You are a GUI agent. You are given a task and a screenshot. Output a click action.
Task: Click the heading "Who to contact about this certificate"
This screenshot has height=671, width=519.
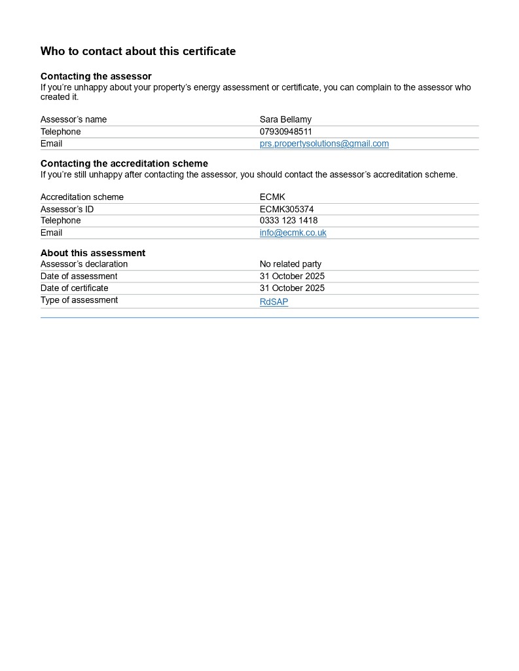click(x=138, y=51)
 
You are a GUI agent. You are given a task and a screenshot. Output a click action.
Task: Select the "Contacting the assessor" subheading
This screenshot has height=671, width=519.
click(x=96, y=77)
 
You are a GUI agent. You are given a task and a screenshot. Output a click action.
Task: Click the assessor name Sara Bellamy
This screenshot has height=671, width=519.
click(x=285, y=119)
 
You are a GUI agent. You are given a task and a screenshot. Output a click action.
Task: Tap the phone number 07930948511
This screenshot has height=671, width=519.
click(x=286, y=132)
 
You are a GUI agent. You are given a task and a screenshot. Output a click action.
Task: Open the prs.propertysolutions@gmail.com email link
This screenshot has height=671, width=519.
click(x=324, y=144)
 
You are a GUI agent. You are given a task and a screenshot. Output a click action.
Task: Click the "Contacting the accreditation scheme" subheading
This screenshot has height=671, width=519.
click(x=124, y=163)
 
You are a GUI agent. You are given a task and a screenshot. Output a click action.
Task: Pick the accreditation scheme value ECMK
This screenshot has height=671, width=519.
click(x=272, y=197)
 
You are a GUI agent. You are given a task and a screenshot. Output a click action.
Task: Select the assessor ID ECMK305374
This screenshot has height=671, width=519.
click(x=287, y=209)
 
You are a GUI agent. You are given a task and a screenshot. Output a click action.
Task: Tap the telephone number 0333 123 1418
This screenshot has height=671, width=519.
click(x=289, y=221)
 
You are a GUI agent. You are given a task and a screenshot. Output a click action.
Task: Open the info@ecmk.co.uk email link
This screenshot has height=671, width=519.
click(x=293, y=233)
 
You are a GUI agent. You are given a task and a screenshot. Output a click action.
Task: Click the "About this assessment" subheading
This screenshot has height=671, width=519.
click(x=93, y=253)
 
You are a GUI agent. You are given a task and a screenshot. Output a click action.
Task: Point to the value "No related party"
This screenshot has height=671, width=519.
click(x=291, y=264)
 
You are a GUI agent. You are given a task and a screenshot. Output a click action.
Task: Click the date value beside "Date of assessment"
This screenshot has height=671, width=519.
click(x=292, y=277)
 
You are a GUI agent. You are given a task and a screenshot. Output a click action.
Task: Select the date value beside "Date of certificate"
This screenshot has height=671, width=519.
click(x=292, y=288)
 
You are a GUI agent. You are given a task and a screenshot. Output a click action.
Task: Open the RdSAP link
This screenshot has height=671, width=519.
click(x=274, y=302)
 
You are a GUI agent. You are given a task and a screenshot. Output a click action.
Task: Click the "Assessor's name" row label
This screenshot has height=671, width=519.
click(x=73, y=119)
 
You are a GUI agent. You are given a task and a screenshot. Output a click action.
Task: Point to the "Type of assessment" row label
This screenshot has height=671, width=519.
click(x=79, y=300)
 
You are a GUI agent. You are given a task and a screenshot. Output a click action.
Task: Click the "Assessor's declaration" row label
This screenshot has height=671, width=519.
click(x=84, y=264)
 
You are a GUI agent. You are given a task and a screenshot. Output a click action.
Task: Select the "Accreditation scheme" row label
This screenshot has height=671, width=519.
click(x=82, y=197)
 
